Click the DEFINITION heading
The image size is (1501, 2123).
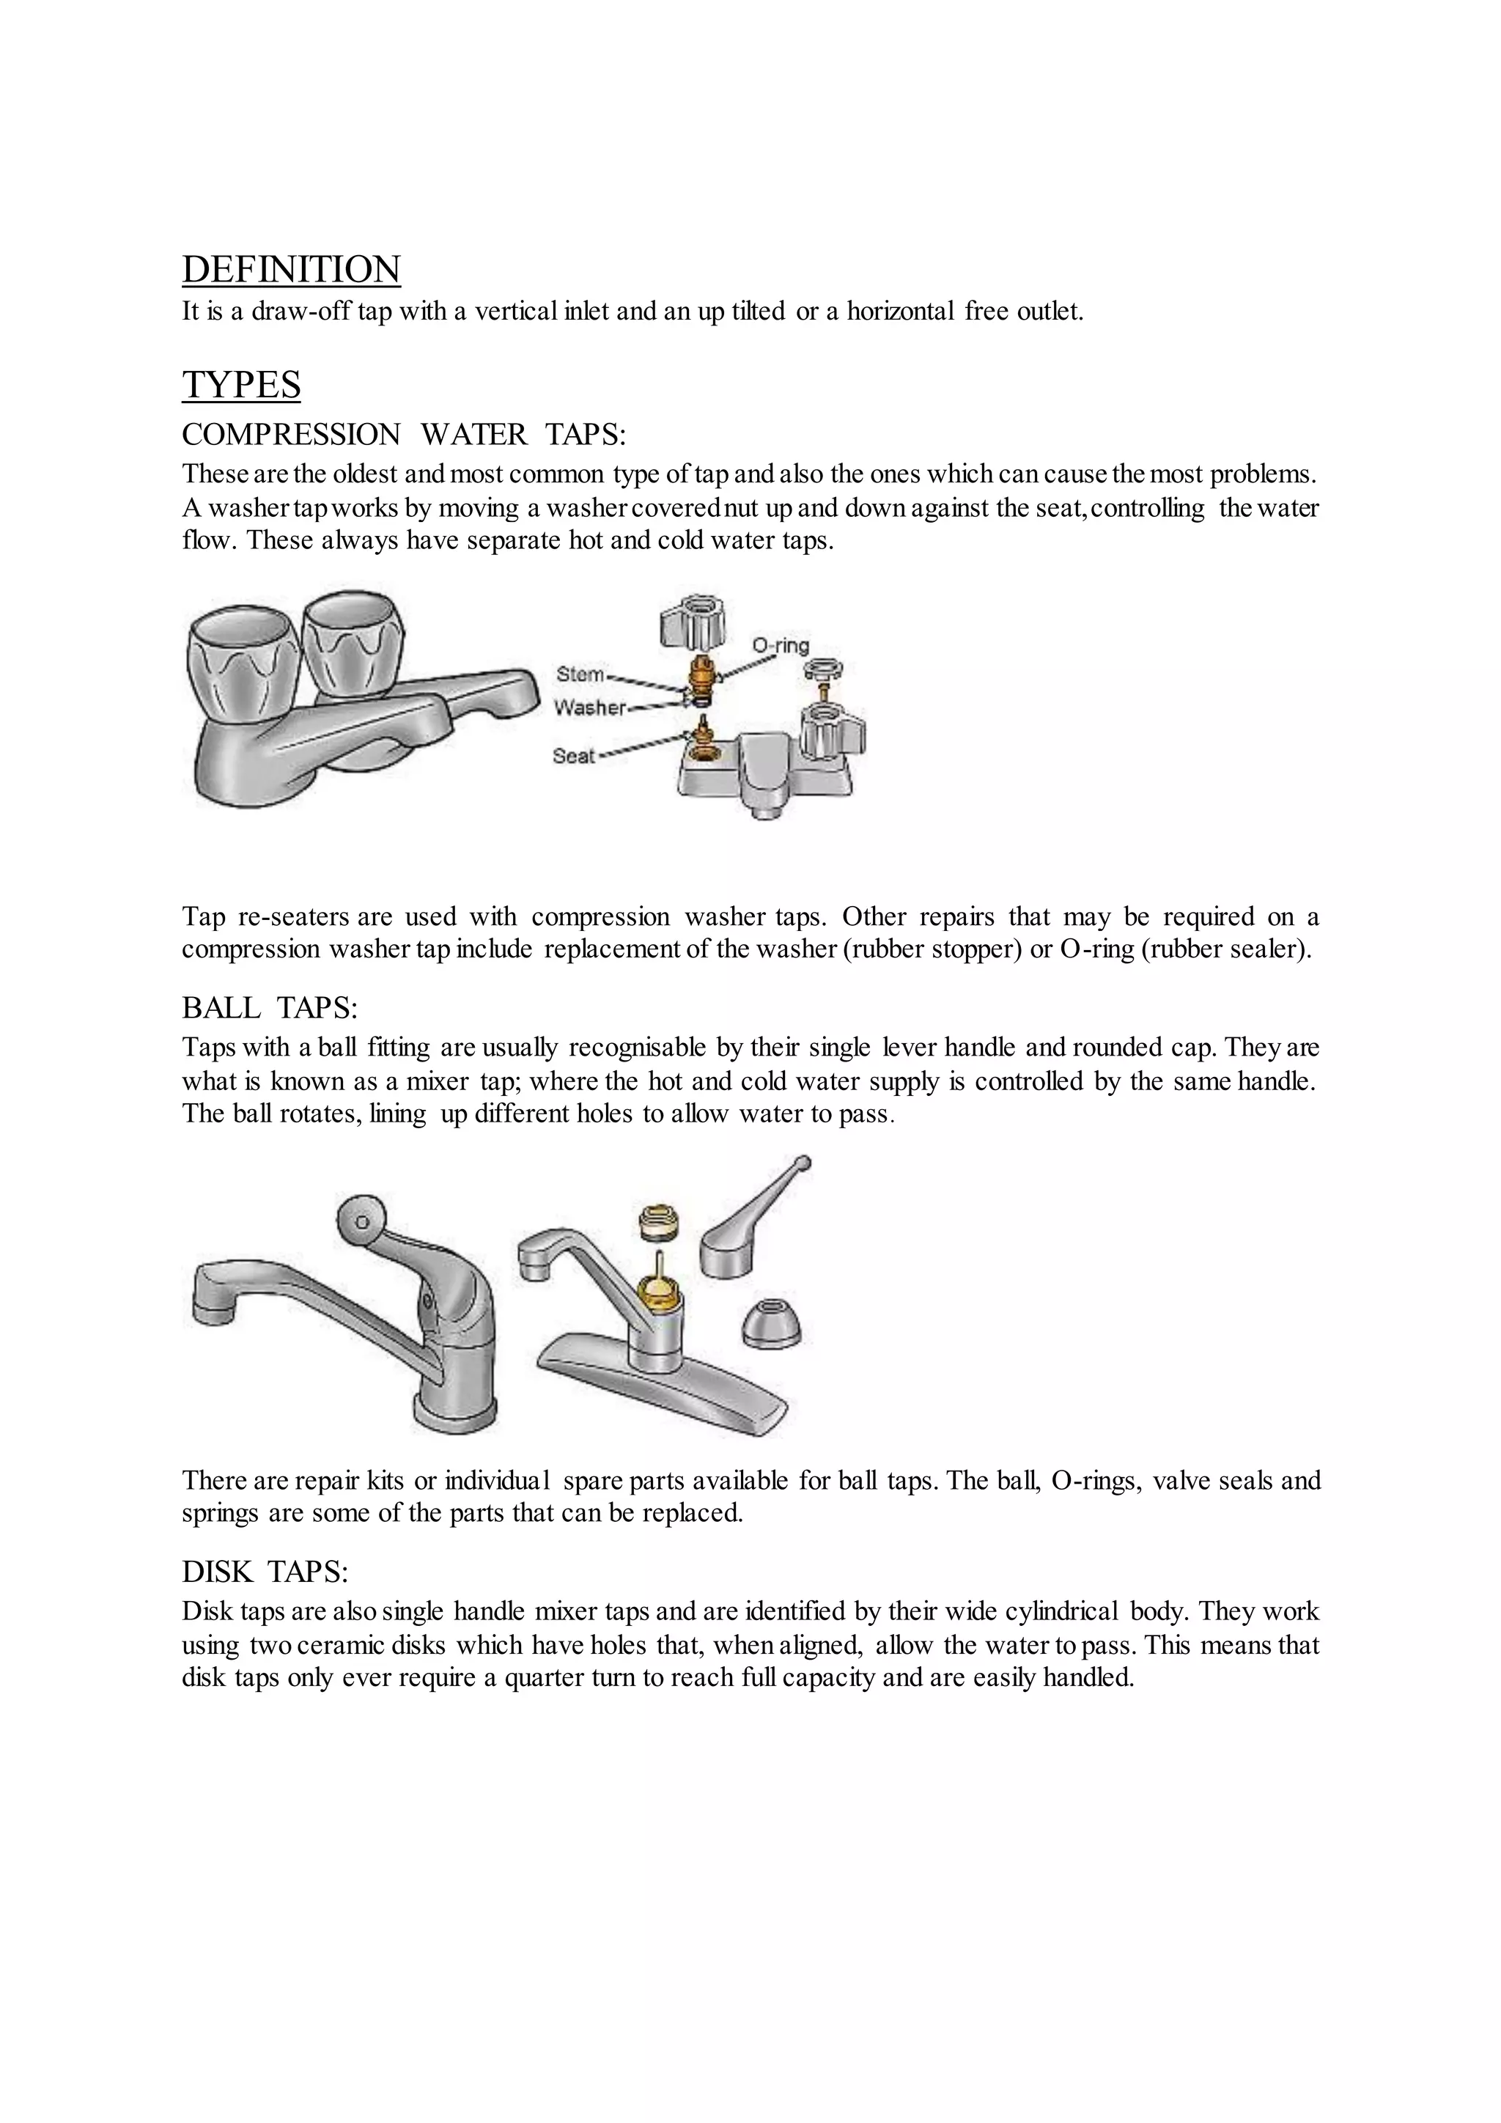tap(291, 269)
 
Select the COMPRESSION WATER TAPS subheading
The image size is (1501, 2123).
tap(404, 434)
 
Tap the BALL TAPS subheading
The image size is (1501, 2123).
tap(269, 1007)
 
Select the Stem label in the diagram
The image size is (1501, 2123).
tap(580, 674)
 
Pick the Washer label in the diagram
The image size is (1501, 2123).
tap(589, 707)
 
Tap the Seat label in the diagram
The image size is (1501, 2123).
tap(573, 756)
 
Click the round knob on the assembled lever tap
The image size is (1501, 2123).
tap(361, 1221)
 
